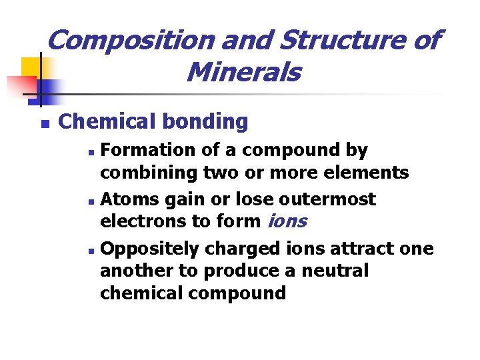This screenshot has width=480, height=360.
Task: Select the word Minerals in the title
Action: (x=243, y=72)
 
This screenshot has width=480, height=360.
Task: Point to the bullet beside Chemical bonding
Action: (x=45, y=123)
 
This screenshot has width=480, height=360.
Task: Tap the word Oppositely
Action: (x=150, y=249)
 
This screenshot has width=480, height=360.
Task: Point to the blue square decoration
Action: (x=49, y=89)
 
